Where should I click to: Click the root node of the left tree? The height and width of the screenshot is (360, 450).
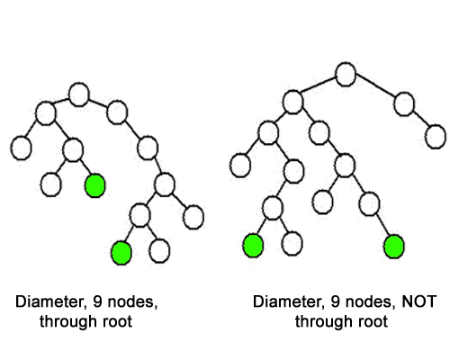[x=79, y=94]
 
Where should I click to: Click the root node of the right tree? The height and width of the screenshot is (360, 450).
[x=346, y=75]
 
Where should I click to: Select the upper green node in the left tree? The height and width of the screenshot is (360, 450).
[x=95, y=185]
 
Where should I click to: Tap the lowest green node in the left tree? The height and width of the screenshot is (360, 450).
[x=121, y=253]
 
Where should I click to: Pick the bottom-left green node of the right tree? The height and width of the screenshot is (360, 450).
[x=253, y=246]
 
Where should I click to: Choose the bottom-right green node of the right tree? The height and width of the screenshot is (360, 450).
[x=394, y=247]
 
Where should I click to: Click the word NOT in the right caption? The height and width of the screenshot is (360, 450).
[x=418, y=301]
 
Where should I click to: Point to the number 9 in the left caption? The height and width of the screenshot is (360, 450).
[x=97, y=301]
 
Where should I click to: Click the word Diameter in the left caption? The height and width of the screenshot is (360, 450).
[x=51, y=301]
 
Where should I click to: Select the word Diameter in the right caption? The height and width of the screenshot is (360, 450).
[x=289, y=301]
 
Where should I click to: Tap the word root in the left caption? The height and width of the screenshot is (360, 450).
[x=117, y=321]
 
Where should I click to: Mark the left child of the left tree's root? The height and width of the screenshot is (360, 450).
[x=46, y=113]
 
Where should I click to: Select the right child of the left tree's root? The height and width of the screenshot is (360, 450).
[x=117, y=112]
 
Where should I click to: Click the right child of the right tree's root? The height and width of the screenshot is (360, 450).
[x=404, y=104]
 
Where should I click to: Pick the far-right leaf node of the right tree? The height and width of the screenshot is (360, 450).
[x=436, y=137]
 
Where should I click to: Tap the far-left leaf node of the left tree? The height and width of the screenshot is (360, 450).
[x=21, y=148]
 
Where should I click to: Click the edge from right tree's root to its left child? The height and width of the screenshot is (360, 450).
[x=318, y=85]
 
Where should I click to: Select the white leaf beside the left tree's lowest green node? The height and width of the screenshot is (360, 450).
[x=159, y=251]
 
